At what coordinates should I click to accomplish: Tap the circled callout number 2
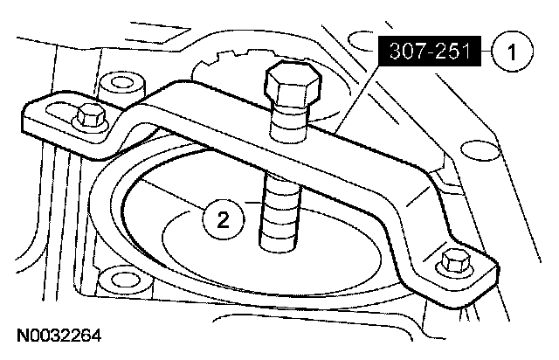point(224,218)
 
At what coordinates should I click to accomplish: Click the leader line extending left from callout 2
point(175,197)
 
